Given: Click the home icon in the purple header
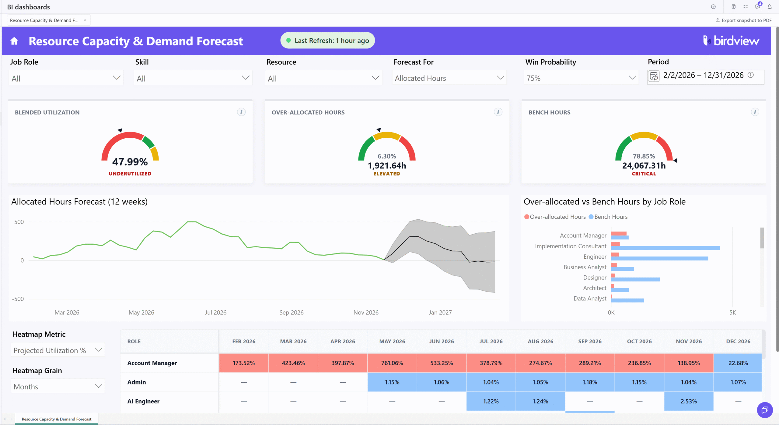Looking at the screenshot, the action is click(14, 41).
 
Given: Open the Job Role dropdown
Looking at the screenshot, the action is click(66, 78).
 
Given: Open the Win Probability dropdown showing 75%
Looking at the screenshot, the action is click(581, 78).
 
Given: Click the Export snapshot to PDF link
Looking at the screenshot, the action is click(743, 20).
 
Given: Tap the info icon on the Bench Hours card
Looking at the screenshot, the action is click(755, 112).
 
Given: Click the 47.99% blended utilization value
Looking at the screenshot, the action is click(130, 162).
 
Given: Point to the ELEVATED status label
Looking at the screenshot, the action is click(387, 174).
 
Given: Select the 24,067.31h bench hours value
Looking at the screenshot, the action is click(644, 166).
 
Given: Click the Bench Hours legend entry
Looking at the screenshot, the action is click(608, 217).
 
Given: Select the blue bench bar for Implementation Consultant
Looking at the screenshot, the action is click(665, 248).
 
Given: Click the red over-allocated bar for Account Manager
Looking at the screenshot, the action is click(619, 233).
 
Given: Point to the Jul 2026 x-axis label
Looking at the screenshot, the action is click(215, 312).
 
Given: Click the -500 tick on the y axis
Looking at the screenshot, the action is click(18, 299).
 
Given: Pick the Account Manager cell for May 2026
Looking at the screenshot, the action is click(392, 363).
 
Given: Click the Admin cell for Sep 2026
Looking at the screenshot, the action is click(590, 382).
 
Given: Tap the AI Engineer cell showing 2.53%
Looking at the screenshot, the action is click(689, 401).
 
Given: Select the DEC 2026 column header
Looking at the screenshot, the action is click(738, 342).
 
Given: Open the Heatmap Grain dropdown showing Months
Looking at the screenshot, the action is click(58, 386).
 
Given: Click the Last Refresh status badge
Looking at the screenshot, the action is click(327, 41).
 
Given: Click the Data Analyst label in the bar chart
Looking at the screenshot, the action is click(590, 299).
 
